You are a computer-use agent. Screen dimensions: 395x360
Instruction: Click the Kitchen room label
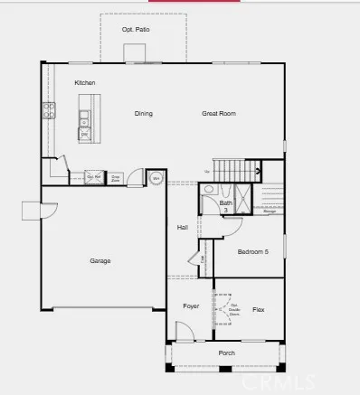pos(85,83)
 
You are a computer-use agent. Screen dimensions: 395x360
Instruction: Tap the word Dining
pos(143,114)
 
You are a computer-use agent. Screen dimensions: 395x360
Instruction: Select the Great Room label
pos(218,114)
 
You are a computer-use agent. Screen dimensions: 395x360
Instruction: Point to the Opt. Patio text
pos(136,30)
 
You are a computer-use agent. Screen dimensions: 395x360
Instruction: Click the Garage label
pos(99,261)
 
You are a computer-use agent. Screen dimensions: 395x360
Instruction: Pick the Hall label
pos(182,227)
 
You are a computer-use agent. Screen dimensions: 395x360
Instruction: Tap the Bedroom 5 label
pos(253,252)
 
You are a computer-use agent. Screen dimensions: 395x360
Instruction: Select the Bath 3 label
pos(225,206)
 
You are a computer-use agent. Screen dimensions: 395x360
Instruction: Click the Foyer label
pos(190,306)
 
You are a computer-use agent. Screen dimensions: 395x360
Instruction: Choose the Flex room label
pos(258,309)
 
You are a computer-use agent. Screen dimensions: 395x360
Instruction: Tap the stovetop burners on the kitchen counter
pos(48,113)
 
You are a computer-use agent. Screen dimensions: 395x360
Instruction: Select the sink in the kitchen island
pos(84,116)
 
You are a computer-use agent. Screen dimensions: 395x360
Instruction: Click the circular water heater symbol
pos(155,178)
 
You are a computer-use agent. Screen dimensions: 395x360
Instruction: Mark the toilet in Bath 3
pos(209,191)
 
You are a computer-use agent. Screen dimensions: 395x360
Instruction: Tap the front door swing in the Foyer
pos(184,334)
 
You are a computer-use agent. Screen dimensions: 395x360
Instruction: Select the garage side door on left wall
pos(33,212)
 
